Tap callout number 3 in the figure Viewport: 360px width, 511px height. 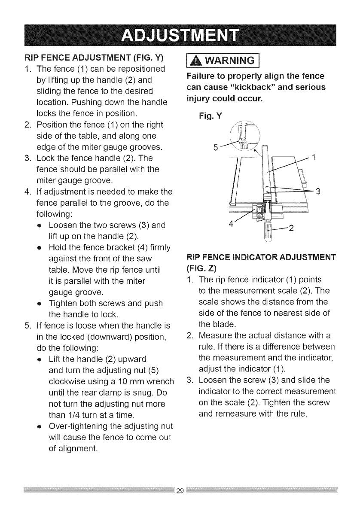[x=318, y=191]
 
